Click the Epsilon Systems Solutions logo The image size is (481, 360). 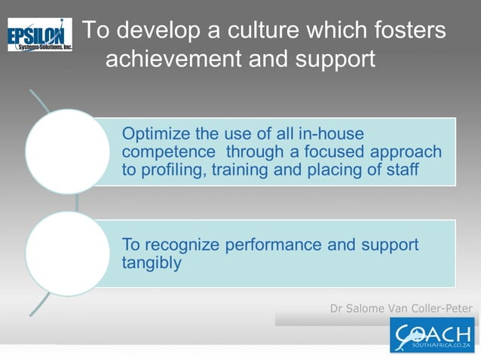[40, 35]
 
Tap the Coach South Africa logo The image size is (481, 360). [432, 334]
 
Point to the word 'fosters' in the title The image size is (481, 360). [407, 31]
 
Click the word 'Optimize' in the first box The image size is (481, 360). [155, 135]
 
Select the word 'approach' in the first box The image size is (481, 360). [410, 152]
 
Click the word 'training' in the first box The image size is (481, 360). [239, 169]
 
